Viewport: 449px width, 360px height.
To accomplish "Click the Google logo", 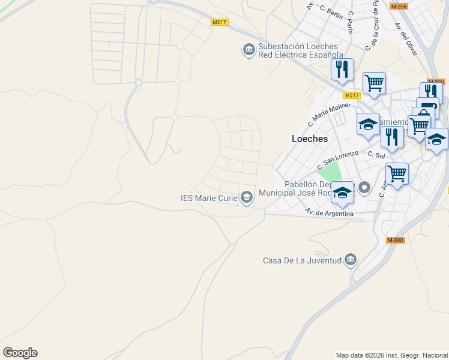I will click(x=20, y=353).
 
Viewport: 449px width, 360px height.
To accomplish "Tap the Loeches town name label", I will click(x=309, y=139).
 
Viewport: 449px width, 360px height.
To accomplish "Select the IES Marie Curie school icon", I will click(x=247, y=197).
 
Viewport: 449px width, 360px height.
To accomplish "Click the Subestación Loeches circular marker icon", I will click(x=249, y=50).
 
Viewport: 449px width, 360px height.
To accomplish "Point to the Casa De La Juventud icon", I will click(x=351, y=260).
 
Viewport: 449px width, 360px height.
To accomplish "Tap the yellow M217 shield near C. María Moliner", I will click(x=352, y=95).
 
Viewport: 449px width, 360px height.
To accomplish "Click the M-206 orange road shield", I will click(x=399, y=6).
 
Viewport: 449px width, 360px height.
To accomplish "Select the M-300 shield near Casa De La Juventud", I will click(x=395, y=240).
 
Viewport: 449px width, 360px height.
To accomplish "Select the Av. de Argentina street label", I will click(x=328, y=212).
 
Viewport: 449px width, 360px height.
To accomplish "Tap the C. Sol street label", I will click(x=376, y=155).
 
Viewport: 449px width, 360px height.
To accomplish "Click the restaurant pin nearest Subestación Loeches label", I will click(x=342, y=69).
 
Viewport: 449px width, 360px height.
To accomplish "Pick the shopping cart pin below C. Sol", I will click(x=397, y=174).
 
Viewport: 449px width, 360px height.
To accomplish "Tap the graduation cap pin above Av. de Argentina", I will click(x=343, y=193).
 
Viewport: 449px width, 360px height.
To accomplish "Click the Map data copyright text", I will click(x=391, y=355).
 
